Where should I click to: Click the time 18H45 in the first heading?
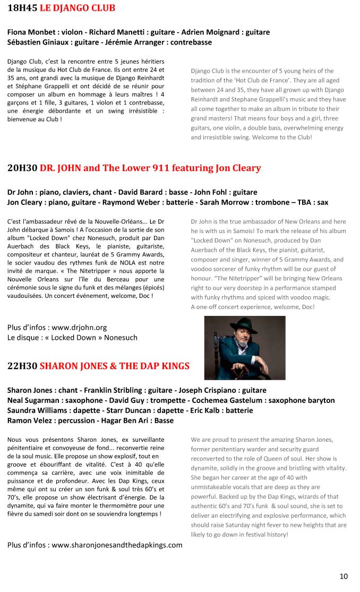click(22, 8)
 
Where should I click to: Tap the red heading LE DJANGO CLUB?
click(78, 8)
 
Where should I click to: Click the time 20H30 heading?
click(22, 168)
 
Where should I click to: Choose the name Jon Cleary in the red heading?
click(238, 168)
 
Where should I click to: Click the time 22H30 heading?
click(22, 366)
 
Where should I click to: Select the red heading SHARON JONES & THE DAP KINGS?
click(114, 366)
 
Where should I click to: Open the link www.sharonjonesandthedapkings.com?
click(117, 545)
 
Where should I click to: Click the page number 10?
click(344, 576)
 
